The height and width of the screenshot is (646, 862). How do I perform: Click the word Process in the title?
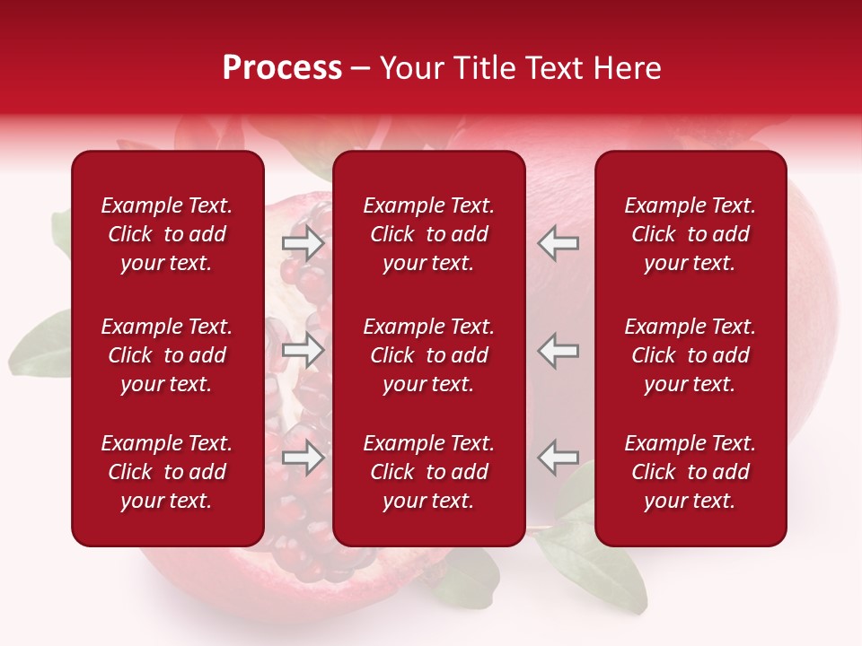282,68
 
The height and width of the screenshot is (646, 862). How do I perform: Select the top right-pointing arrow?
303,243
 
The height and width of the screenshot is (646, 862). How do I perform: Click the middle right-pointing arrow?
303,350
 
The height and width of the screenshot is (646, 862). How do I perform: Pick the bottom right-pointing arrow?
303,458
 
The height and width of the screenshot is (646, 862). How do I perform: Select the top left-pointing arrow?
559,243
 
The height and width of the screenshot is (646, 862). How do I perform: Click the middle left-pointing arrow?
559,350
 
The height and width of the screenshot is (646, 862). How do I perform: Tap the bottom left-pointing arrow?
559,458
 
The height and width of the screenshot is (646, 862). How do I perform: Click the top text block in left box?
167,234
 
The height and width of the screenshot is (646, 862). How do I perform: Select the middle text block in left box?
167,355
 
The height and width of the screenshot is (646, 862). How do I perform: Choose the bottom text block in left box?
167,472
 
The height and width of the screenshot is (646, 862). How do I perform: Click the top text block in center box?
428,234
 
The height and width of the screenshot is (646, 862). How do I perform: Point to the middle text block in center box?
428,355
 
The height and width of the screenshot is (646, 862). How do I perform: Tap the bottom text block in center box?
428,472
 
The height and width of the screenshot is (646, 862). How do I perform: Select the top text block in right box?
690,234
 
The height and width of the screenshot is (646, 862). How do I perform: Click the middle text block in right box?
690,355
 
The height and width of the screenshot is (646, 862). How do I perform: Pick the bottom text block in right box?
690,472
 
